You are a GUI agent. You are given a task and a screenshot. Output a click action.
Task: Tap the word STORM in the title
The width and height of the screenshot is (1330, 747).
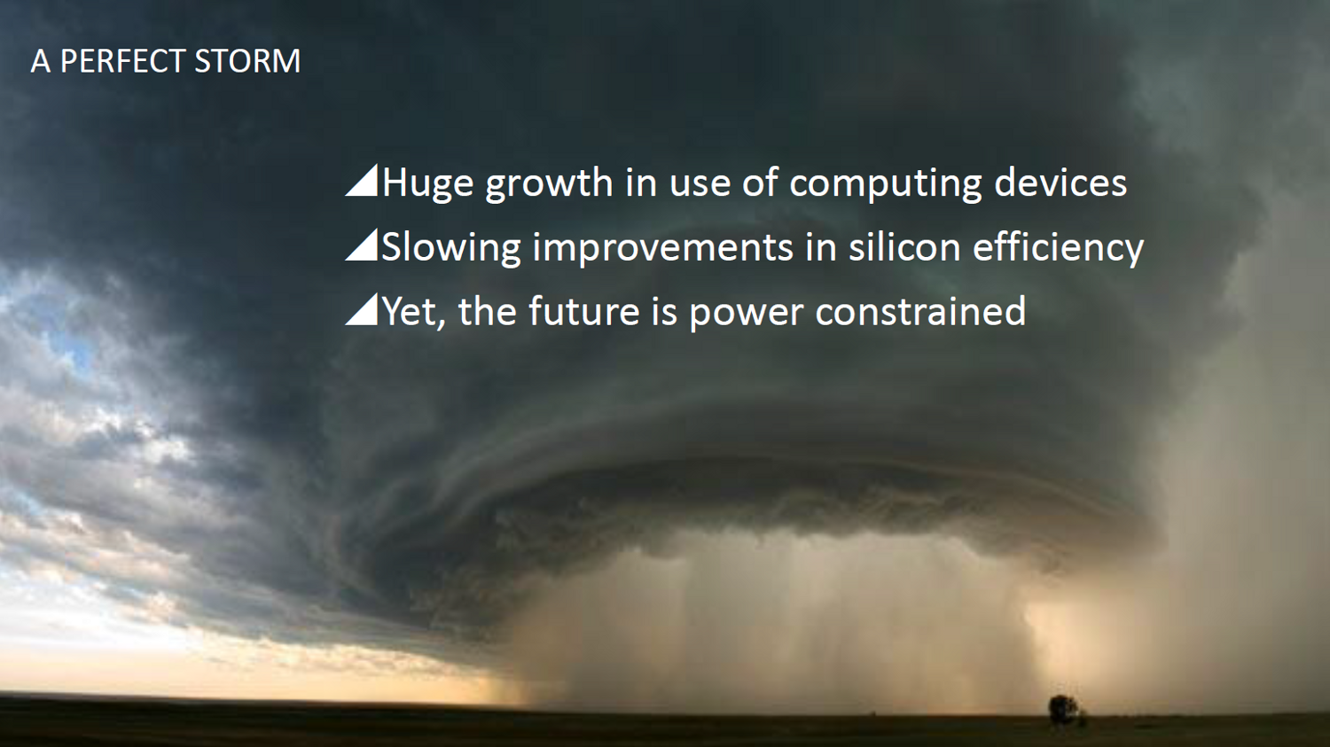(x=247, y=61)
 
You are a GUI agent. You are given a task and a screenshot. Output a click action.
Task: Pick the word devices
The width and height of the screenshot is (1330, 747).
(x=1060, y=182)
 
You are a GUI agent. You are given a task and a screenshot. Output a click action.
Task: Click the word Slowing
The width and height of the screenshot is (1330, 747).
(x=450, y=248)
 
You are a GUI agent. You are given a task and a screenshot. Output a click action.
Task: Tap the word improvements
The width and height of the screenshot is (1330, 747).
(x=662, y=248)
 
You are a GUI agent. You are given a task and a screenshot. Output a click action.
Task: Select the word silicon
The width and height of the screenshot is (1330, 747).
(x=904, y=246)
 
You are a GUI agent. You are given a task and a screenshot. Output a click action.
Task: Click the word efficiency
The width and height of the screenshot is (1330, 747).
(x=1058, y=248)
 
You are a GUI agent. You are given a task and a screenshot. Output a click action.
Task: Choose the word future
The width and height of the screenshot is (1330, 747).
(x=583, y=310)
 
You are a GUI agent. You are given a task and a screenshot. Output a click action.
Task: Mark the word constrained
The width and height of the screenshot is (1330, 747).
(x=920, y=310)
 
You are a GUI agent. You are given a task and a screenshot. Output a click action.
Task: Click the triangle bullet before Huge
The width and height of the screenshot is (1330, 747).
(x=362, y=181)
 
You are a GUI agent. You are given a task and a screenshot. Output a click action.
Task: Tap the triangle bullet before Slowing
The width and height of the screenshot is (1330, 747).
(x=362, y=245)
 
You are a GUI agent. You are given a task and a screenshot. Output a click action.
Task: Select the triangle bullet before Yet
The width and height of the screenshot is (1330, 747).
(x=362, y=310)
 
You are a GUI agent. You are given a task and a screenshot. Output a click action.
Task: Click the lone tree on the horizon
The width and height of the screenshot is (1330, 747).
(x=1064, y=710)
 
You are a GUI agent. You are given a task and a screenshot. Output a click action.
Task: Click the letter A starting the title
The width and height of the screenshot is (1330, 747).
(x=40, y=61)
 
